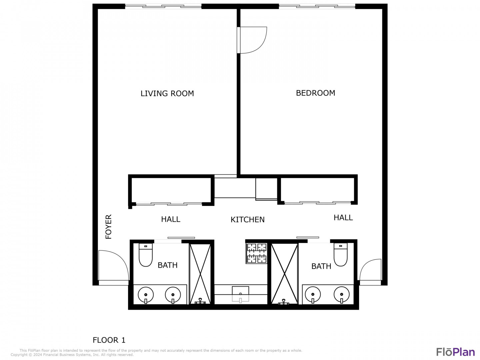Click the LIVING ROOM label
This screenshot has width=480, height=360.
[x=167, y=93]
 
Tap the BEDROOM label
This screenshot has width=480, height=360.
[x=315, y=93]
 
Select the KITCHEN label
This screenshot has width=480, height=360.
[x=247, y=219]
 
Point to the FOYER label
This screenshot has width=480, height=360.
[x=108, y=226]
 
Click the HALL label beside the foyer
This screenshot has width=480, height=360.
[x=171, y=219]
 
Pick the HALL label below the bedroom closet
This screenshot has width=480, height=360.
[x=343, y=217]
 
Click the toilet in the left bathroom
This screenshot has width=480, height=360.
[x=146, y=255]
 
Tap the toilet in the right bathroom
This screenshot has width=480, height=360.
[x=340, y=255]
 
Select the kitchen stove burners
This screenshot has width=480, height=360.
[x=257, y=253]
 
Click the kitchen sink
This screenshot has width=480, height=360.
[x=240, y=294]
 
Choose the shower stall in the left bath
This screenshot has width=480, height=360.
[x=200, y=274]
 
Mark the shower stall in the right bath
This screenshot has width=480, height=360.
[x=284, y=274]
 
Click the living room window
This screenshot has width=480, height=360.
[x=163, y=7]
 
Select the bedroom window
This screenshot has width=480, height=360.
[x=317, y=7]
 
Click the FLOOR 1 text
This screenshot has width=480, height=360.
[x=109, y=340]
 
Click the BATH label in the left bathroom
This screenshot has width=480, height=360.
[x=168, y=265]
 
